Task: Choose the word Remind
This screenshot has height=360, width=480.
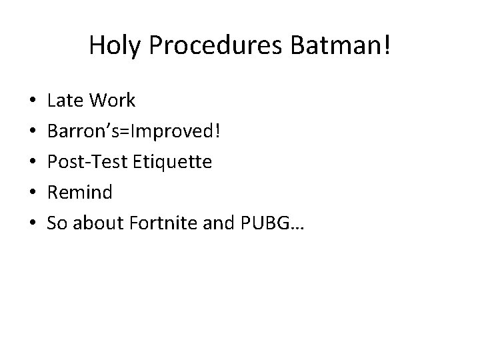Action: click(x=80, y=193)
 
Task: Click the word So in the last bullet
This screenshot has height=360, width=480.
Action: click(x=57, y=223)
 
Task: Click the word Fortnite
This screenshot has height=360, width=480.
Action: click(x=156, y=223)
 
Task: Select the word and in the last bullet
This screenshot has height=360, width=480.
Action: click(x=215, y=223)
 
